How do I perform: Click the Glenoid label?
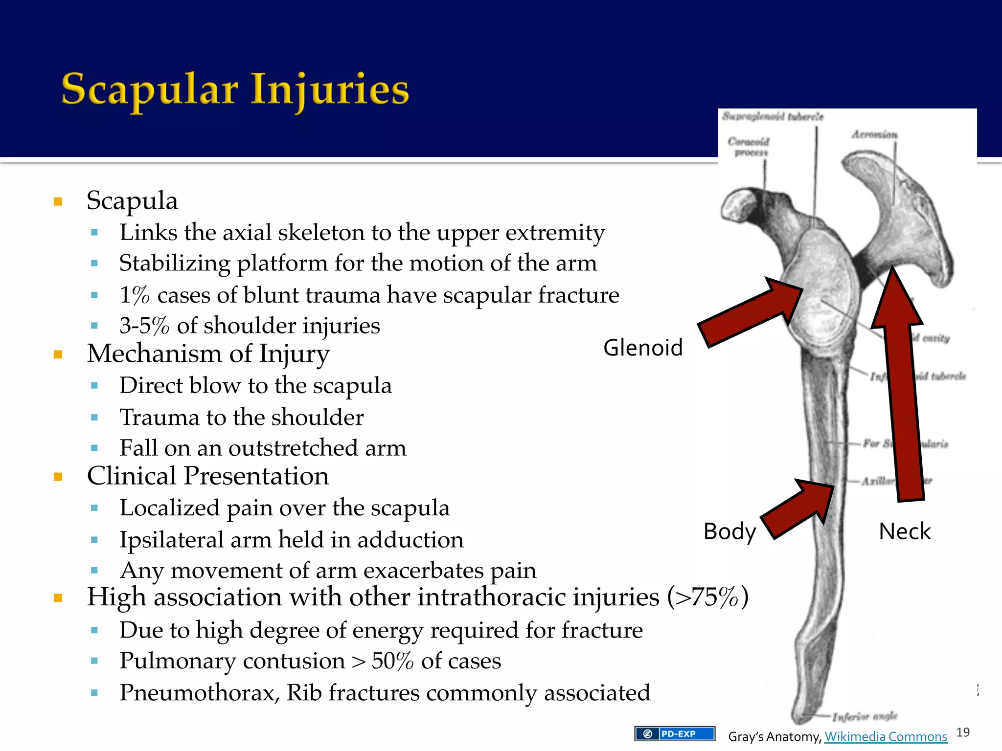tap(642, 348)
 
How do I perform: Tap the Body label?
tap(729, 531)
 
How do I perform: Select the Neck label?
tap(904, 531)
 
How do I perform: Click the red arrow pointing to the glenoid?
tap(749, 313)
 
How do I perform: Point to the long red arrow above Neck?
tap(903, 391)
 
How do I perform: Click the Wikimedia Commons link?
tap(886, 736)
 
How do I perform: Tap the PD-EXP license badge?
tap(675, 733)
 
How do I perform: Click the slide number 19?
tap(963, 732)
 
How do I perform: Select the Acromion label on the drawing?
tap(874, 134)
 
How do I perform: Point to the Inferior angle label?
tap(865, 716)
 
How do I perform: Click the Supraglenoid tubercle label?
tap(773, 116)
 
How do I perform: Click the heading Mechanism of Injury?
tap(208, 354)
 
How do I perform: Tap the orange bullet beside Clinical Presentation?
tap(58, 477)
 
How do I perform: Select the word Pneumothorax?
tap(199, 693)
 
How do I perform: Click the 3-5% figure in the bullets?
tap(144, 326)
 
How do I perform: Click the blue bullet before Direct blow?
tap(94, 386)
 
